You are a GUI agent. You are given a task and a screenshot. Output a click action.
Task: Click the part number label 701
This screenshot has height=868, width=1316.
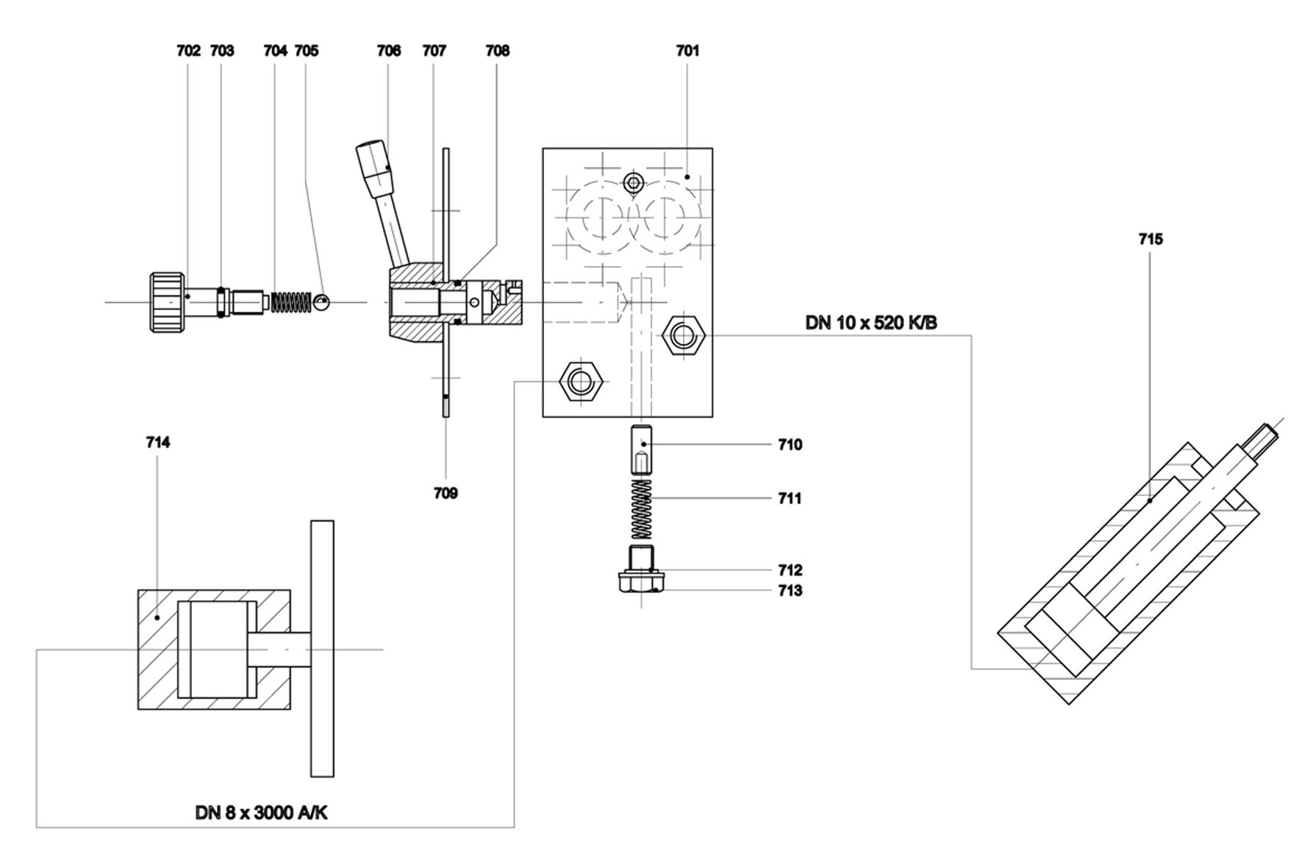tap(687, 51)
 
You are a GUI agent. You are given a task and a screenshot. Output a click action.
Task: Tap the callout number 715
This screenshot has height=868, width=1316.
tap(1151, 239)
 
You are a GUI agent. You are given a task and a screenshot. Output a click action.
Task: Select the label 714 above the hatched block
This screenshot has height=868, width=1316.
tap(158, 442)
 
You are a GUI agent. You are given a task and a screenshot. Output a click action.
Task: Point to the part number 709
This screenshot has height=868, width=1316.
tap(446, 493)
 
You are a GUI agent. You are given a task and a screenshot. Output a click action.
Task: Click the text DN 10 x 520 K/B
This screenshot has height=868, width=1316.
tap(871, 323)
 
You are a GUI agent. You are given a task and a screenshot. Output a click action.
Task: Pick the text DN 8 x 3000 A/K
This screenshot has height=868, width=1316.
tap(261, 812)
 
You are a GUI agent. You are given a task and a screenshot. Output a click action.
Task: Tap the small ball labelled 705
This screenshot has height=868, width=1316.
tap(322, 301)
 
